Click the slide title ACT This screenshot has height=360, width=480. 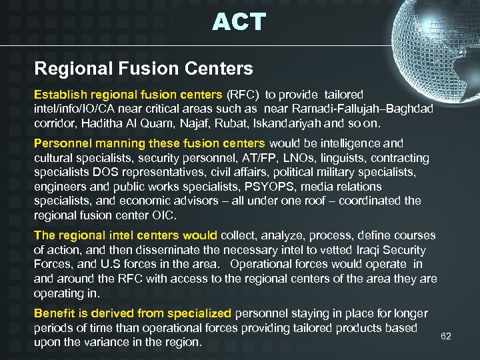[x=239, y=22]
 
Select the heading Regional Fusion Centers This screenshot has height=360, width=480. [x=143, y=68]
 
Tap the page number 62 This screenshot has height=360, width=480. [x=446, y=336]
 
